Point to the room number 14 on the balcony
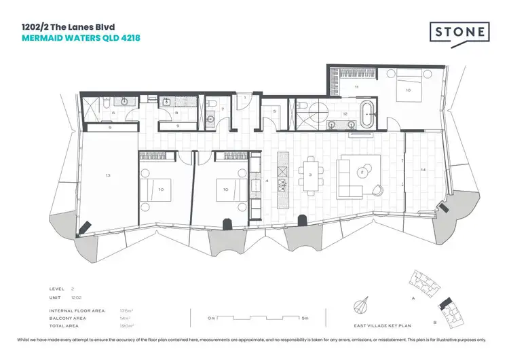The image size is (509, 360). pos(423,169)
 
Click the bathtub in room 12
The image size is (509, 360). pos(366,114)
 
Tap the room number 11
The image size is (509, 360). pos(356,88)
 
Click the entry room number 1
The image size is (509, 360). pos(244,99)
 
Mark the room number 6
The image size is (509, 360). pos(113,112)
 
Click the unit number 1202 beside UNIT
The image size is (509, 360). pos(77,298)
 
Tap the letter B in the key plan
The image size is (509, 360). pos(434,322)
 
